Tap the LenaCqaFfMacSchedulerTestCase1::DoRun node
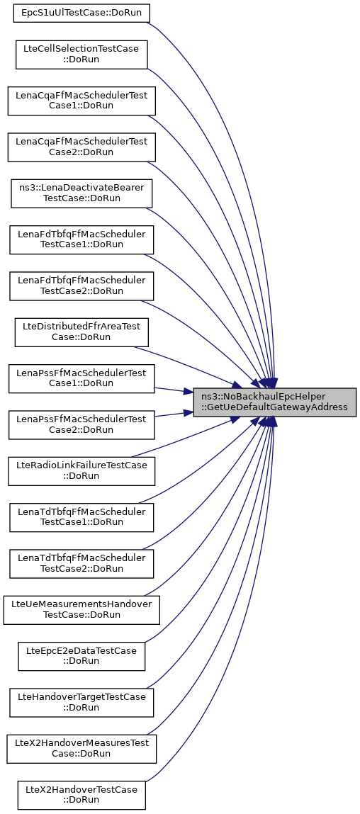(81, 101)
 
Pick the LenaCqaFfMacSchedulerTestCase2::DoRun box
(81, 147)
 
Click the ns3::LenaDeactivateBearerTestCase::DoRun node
(81, 193)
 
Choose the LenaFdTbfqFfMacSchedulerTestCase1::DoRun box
(81, 239)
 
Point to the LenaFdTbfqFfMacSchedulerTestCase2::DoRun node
(81, 286)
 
